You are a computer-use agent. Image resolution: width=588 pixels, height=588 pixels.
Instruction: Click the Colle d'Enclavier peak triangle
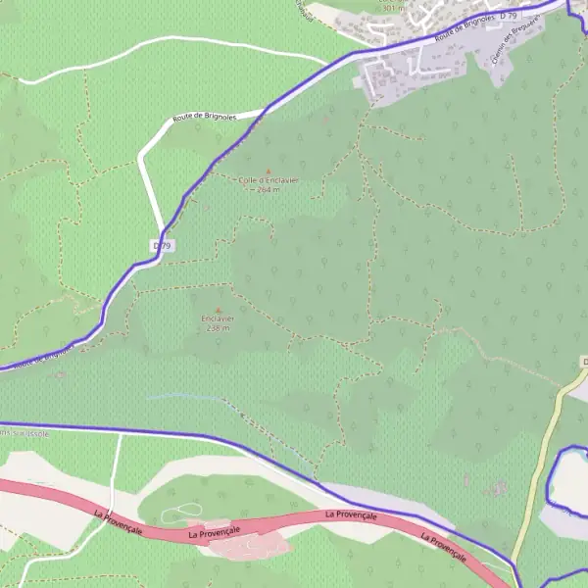click(x=269, y=171)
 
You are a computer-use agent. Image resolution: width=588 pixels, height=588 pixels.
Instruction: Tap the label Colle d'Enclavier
click(x=269, y=181)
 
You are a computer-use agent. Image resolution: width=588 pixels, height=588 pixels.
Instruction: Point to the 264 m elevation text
click(x=269, y=190)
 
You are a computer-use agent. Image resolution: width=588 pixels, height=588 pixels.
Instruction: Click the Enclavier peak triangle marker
click(x=219, y=310)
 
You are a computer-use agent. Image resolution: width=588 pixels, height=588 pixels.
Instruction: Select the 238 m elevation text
click(x=219, y=328)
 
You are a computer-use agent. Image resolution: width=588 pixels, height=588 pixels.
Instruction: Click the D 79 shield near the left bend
click(x=163, y=245)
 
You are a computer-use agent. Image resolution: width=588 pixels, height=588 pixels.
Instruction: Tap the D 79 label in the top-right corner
click(x=508, y=17)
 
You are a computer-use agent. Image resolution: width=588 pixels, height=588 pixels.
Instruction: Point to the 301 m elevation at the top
click(x=393, y=8)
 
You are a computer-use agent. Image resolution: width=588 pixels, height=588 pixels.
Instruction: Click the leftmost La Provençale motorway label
click(x=119, y=521)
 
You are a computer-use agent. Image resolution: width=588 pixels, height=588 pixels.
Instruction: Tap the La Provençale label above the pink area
click(x=215, y=532)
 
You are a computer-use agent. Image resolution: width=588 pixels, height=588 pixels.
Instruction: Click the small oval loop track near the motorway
click(x=181, y=512)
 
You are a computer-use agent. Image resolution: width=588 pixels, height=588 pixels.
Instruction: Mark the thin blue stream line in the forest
click(x=186, y=397)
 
